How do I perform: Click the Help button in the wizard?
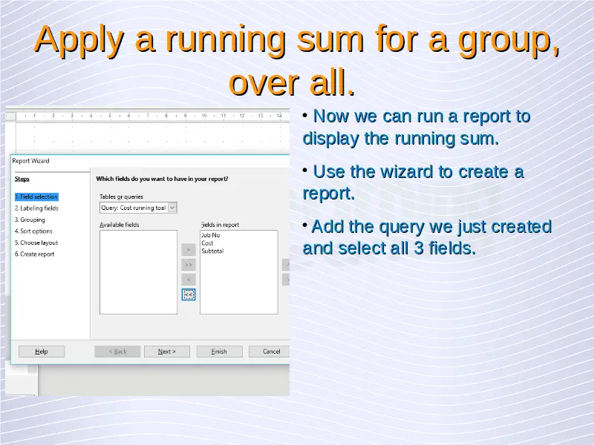point(42,352)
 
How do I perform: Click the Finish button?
point(219,352)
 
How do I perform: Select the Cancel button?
point(270,352)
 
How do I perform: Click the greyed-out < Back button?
point(117,352)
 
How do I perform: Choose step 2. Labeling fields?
point(36,208)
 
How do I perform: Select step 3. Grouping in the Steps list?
point(30,220)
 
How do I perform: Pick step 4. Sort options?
point(33,231)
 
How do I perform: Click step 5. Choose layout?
point(36,243)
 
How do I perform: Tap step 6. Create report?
point(34,254)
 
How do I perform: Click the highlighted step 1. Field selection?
point(36,197)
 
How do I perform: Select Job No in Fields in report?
point(211,235)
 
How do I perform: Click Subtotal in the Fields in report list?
point(212,251)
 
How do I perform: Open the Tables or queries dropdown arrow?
point(172,208)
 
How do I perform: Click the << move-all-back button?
point(189,294)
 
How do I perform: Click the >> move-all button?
point(189,265)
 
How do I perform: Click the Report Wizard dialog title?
point(30,161)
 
